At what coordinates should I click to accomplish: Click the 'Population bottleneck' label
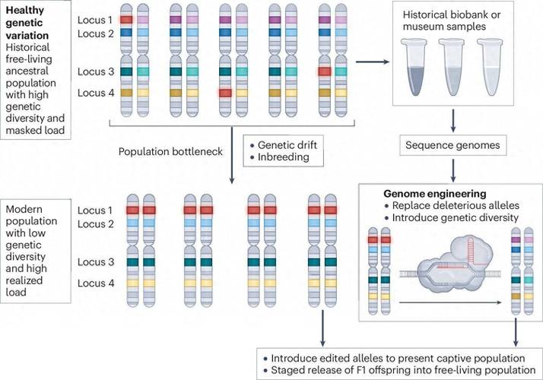tap(169, 151)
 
